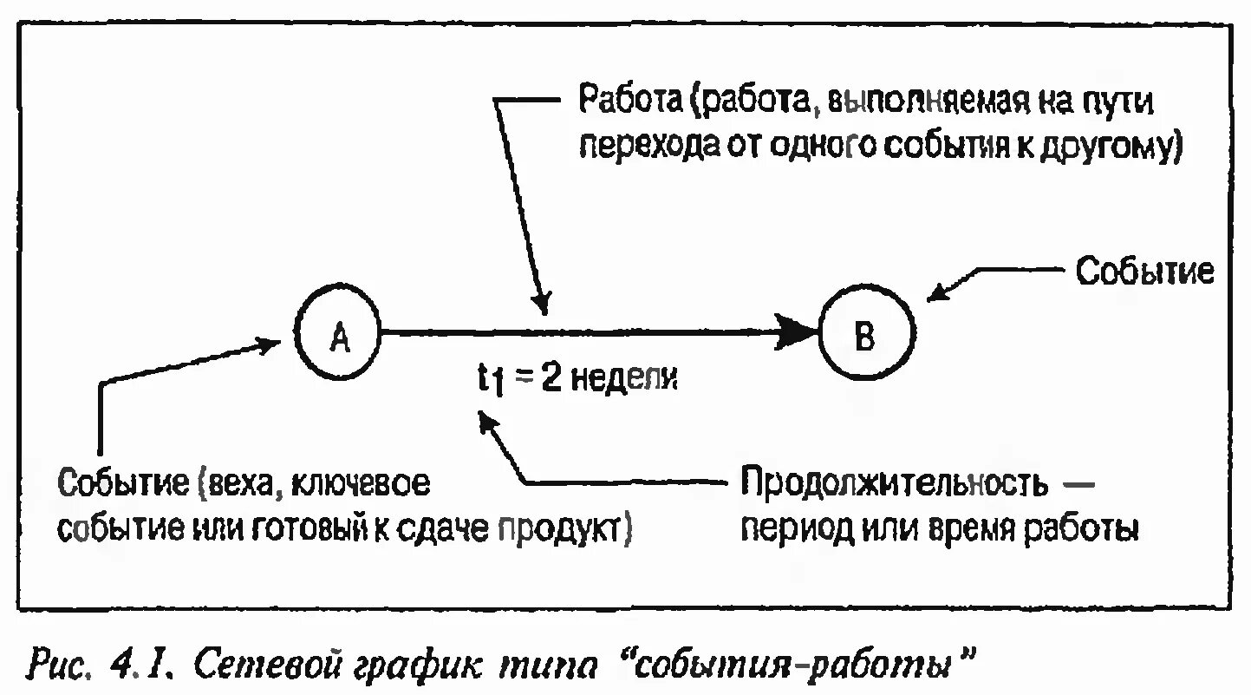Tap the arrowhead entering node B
[803, 332]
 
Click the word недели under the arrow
[622, 378]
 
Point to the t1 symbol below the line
[492, 380]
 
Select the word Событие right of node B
[1144, 272]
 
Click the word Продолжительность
[893, 483]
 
